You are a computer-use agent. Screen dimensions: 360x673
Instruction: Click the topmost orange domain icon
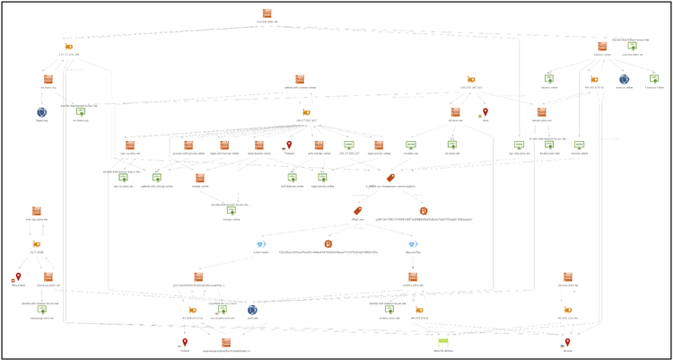pyautogui.click(x=267, y=14)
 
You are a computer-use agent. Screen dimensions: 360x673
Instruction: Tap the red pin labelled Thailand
pyautogui.click(x=289, y=145)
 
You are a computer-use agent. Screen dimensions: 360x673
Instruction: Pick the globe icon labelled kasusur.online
pyautogui.click(x=624, y=80)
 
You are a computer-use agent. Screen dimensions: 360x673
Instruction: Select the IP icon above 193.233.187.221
pyautogui.click(x=471, y=80)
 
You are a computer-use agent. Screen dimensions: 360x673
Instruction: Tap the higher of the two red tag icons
pyautogui.click(x=389, y=179)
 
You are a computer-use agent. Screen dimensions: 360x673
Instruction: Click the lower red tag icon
pyautogui.click(x=357, y=211)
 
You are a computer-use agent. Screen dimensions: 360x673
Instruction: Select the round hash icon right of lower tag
pyautogui.click(x=424, y=211)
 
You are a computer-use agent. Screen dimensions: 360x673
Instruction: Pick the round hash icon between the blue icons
pyautogui.click(x=328, y=243)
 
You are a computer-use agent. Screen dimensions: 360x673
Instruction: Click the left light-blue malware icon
pyautogui.click(x=261, y=243)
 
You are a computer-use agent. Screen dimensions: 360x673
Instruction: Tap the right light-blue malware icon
pyautogui.click(x=413, y=243)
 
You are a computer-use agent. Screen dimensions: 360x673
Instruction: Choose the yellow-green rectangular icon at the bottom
pyautogui.click(x=442, y=341)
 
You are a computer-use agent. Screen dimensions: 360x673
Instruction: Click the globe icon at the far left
pyautogui.click(x=41, y=112)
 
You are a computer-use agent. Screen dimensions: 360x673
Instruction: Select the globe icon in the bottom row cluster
pyautogui.click(x=252, y=310)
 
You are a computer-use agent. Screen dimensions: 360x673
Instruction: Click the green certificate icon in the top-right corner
pyautogui.click(x=632, y=47)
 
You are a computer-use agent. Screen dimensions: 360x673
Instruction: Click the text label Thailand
pyautogui.click(x=289, y=153)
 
